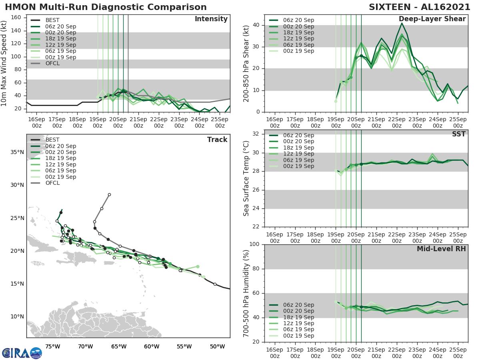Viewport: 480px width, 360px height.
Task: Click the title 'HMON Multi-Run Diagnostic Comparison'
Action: [106, 7]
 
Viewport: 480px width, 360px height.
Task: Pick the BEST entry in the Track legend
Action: [52, 140]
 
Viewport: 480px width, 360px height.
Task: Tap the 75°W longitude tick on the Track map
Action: [53, 346]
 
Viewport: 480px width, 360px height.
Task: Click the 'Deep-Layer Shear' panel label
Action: [432, 19]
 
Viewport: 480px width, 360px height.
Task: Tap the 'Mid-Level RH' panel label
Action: [441, 249]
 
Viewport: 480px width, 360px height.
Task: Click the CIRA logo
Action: [22, 353]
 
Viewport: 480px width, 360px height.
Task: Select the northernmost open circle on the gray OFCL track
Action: [109, 194]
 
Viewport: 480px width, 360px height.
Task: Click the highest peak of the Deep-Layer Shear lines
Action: [402, 23]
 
